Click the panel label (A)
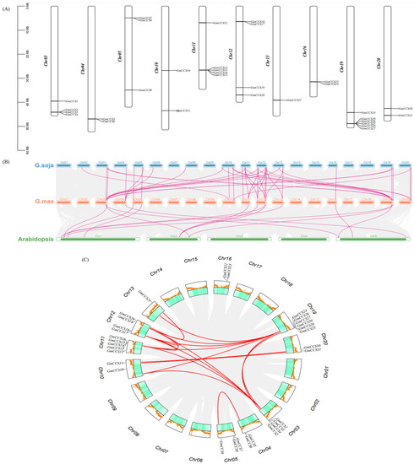[7, 4]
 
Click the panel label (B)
[7, 159]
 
